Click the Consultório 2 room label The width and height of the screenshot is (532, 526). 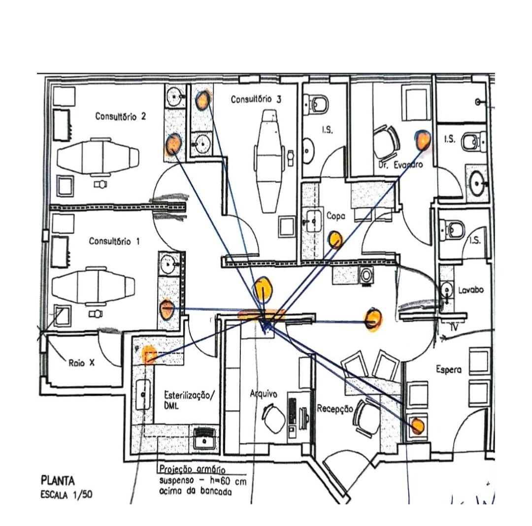tap(120, 117)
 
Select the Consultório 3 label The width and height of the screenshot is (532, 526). tap(256, 99)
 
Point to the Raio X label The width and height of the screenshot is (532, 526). tap(82, 363)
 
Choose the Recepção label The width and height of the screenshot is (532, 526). tap(335, 408)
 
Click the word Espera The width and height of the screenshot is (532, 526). tap(448, 369)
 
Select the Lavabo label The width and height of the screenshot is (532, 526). tap(470, 290)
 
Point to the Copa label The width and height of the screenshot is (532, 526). tap(336, 216)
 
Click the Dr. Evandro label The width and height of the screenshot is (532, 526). tap(401, 165)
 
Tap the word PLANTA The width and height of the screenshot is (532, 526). tap(58, 480)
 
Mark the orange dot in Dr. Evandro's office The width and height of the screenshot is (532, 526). tap(422, 140)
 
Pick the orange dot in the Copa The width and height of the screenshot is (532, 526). tap(335, 239)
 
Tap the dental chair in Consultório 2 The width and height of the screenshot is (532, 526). tap(96, 156)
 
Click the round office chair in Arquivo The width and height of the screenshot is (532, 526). tap(274, 418)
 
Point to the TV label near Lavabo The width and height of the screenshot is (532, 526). tap(455, 327)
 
